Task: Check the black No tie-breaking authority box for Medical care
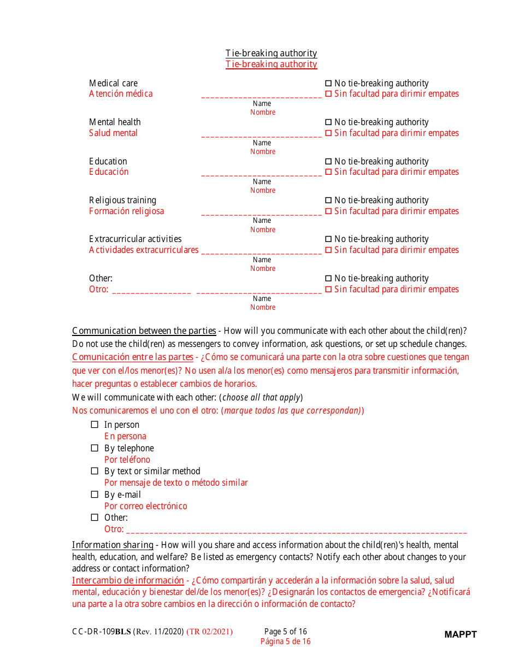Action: pyautogui.click(x=328, y=84)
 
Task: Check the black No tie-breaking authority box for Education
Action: pyautogui.click(x=328, y=162)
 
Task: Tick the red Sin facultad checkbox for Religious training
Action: pyautogui.click(x=328, y=211)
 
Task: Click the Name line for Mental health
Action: pyautogui.click(x=262, y=135)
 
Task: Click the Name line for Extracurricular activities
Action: pyautogui.click(x=262, y=252)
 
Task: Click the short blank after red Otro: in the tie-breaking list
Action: pyautogui.click(x=151, y=292)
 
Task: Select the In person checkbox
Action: pyautogui.click(x=95, y=425)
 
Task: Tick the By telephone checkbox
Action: pyautogui.click(x=95, y=448)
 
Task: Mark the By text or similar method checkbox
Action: pyautogui.click(x=95, y=471)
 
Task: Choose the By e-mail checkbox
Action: pyautogui.click(x=95, y=494)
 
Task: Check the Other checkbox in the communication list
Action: pyautogui.click(x=95, y=517)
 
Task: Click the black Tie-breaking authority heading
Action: pyautogui.click(x=271, y=54)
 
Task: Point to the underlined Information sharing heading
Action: pyautogui.click(x=113, y=545)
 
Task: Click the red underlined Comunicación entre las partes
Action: pyautogui.click(x=133, y=357)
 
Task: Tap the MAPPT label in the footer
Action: pyautogui.click(x=460, y=634)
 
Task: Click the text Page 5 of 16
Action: pyautogui.click(x=285, y=632)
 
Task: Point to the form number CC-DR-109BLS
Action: pyautogui.click(x=101, y=632)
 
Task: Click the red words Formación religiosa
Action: pyautogui.click(x=126, y=211)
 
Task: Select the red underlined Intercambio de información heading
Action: pyautogui.click(x=128, y=580)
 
